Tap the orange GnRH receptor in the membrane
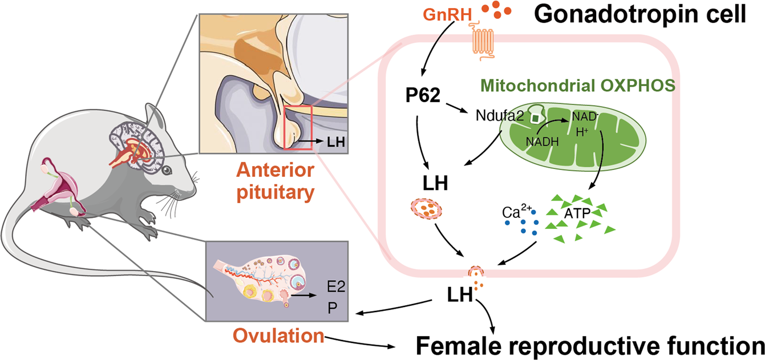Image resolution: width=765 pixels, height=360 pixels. pyautogui.click(x=484, y=42)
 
